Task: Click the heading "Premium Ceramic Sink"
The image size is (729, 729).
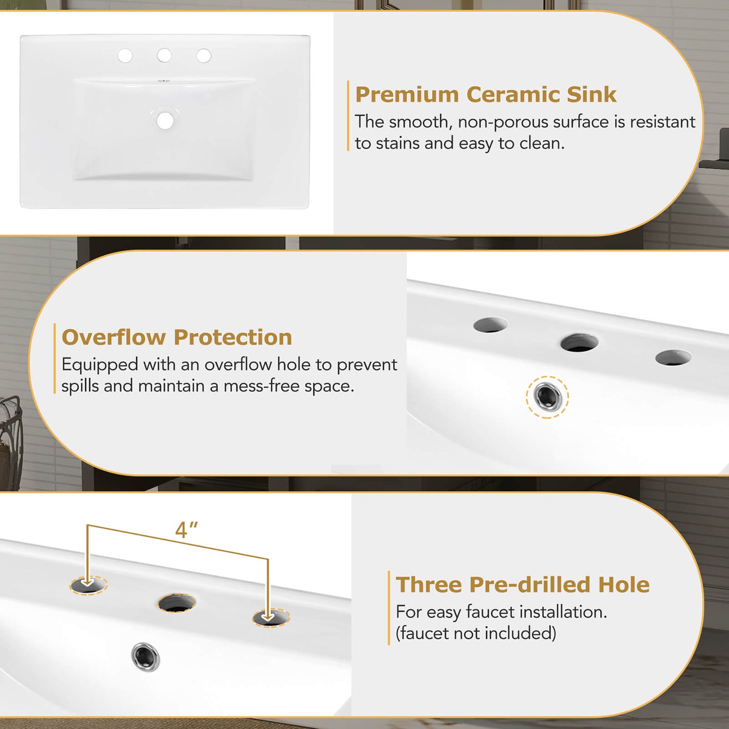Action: [486, 94]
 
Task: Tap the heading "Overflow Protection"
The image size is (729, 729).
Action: [177, 337]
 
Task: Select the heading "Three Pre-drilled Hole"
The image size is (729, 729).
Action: [522, 585]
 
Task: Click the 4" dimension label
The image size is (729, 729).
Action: [187, 530]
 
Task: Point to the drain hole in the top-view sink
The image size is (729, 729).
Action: [165, 121]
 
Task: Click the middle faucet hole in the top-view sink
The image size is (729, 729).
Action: [164, 55]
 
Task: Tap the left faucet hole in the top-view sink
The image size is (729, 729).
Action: [125, 55]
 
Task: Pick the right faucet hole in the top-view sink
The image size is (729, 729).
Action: [204, 56]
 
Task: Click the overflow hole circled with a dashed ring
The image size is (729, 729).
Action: [547, 397]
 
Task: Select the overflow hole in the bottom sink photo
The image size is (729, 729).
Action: [145, 657]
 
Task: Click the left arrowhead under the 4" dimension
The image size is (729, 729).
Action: [87, 582]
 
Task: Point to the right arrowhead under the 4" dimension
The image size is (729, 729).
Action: [268, 617]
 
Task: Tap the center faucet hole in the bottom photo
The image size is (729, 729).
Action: [177, 603]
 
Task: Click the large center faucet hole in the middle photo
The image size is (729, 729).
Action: [579, 343]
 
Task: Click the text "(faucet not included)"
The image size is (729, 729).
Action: [476, 633]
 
